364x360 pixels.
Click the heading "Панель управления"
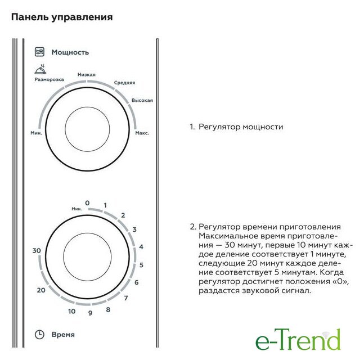62,17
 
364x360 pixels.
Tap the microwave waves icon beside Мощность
39,52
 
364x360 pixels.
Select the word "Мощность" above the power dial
70,52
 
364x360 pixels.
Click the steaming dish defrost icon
41,69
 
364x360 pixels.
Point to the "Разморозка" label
49,79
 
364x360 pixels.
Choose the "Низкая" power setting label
86,74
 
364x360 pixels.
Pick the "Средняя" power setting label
124,83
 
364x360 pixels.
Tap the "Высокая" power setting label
142,100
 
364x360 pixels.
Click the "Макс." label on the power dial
142,133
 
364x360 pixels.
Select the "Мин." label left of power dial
36,133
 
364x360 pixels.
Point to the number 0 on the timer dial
87,203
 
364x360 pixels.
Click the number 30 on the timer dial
37,251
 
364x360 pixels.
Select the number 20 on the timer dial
41,290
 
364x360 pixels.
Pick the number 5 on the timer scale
141,265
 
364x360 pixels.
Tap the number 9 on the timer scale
91,313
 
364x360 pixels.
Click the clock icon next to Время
39,335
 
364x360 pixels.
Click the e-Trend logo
298,339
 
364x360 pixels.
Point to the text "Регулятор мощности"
241,127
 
